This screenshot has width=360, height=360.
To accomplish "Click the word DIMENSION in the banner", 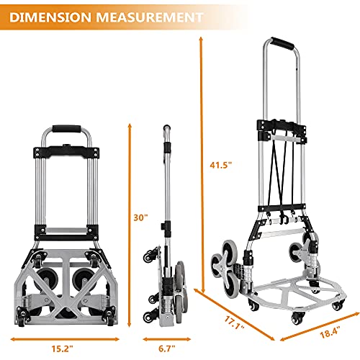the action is (x=50, y=17).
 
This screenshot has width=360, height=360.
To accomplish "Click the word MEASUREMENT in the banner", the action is (x=150, y=17).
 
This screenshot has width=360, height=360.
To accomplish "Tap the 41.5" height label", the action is (x=221, y=165).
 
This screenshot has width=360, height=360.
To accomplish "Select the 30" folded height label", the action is (x=140, y=217).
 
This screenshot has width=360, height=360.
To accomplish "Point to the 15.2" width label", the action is (x=62, y=348).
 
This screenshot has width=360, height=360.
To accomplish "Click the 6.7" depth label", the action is (x=167, y=348).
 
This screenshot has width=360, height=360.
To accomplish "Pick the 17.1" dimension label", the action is (x=235, y=323).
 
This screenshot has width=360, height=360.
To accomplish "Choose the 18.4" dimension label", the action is (x=330, y=332).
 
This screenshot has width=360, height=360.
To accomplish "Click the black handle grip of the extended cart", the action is (x=282, y=43).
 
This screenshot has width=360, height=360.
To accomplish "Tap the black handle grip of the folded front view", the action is (x=67, y=129).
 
